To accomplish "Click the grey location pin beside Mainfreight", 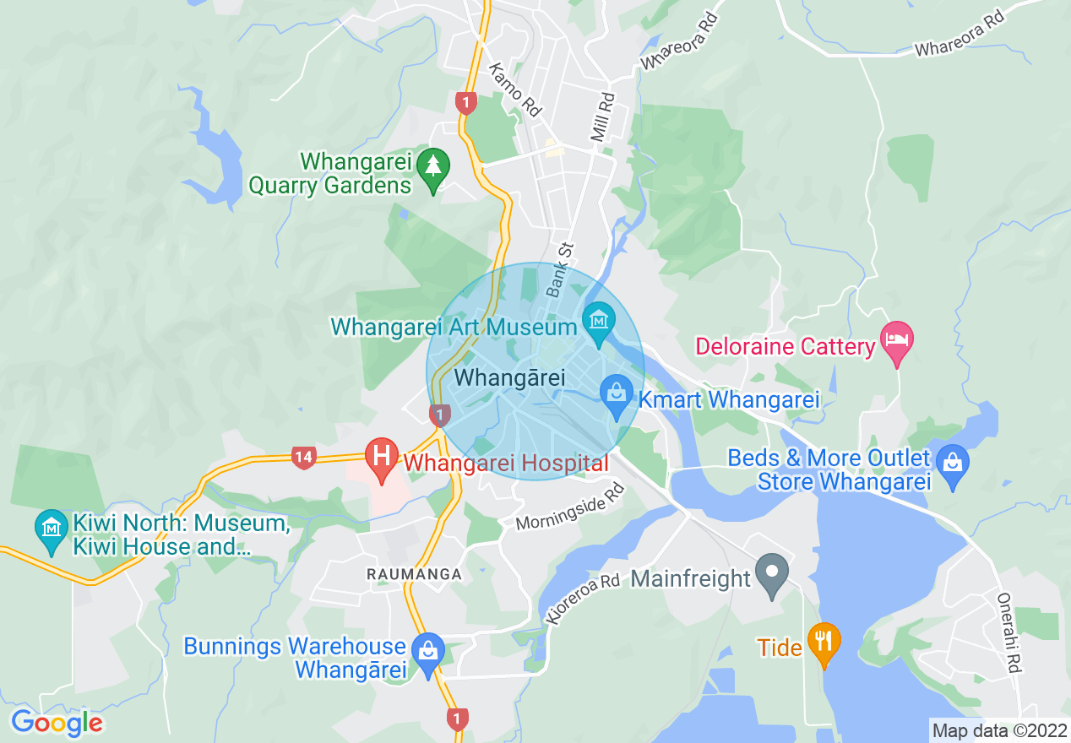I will pyautogui.click(x=770, y=575).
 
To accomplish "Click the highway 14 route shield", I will pyautogui.click(x=304, y=458).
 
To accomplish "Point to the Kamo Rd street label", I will pyautogui.click(x=514, y=90).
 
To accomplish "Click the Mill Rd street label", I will pyautogui.click(x=602, y=117).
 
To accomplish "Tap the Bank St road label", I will pyautogui.click(x=559, y=270).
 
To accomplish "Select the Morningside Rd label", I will pyautogui.click(x=570, y=508).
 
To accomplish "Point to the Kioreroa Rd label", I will pyautogui.click(x=583, y=600).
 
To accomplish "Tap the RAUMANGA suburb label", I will pyautogui.click(x=414, y=574).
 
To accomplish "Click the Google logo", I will pyautogui.click(x=57, y=723).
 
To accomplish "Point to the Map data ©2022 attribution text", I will pyautogui.click(x=998, y=729).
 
